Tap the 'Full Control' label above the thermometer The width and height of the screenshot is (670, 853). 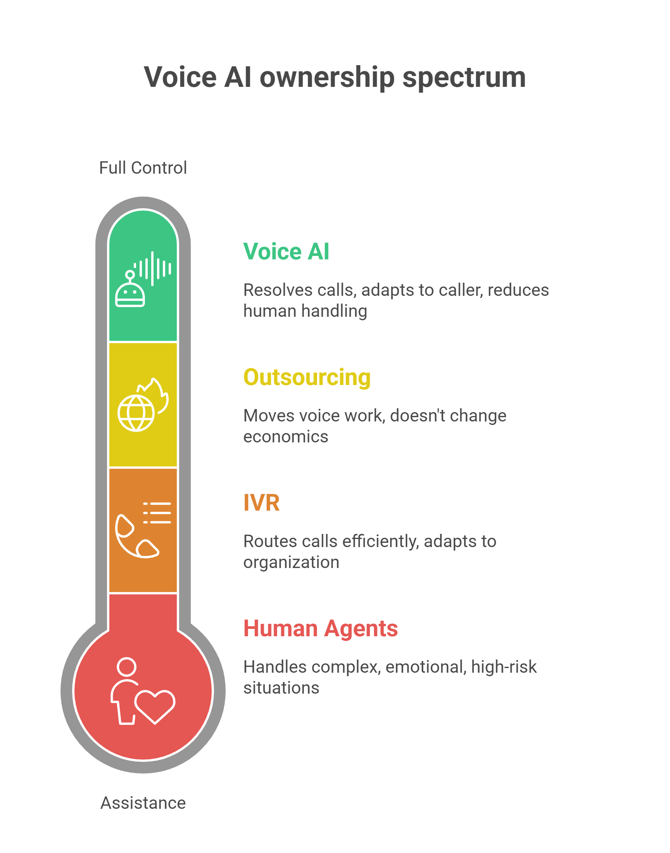click(x=143, y=168)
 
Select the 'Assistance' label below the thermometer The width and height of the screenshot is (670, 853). click(x=143, y=803)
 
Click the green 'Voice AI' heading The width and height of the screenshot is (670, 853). click(x=286, y=251)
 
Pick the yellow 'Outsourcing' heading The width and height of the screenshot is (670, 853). click(x=307, y=377)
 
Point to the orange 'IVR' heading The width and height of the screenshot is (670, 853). click(x=261, y=503)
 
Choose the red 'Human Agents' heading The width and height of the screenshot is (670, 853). click(x=321, y=628)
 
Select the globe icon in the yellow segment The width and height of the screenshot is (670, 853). click(x=136, y=413)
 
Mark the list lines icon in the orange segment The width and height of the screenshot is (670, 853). click(x=157, y=513)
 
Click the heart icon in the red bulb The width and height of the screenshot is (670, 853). click(x=155, y=706)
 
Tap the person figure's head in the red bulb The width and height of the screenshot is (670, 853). click(x=127, y=667)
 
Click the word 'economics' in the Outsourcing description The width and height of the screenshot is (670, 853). click(x=286, y=437)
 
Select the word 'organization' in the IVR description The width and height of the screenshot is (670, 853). click(x=291, y=562)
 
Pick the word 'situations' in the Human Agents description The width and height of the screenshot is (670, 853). click(x=281, y=687)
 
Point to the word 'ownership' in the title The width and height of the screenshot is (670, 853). click(x=327, y=77)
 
